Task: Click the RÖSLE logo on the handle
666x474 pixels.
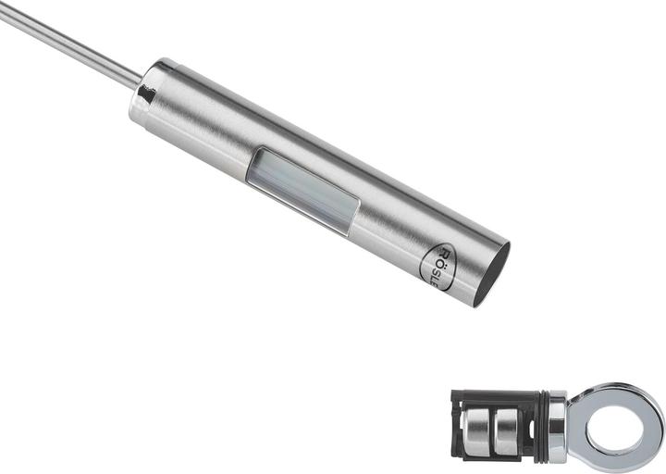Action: [x=441, y=267]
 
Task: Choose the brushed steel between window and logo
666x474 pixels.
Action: [x=388, y=231]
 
